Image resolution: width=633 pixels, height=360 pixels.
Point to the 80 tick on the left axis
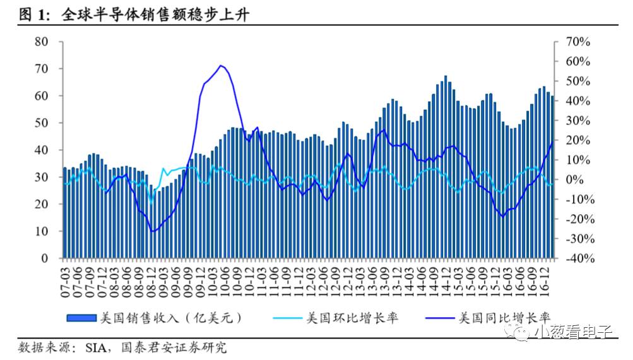point(42,42)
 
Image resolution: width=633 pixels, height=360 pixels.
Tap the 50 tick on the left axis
point(42,123)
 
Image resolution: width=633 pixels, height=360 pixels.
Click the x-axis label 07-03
point(64,277)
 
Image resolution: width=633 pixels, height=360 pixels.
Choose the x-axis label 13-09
point(383,277)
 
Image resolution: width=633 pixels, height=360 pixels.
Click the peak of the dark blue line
point(221,66)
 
